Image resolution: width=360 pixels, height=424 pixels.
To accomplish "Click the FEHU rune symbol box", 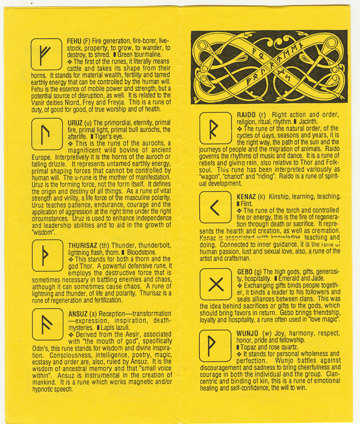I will click(47, 54).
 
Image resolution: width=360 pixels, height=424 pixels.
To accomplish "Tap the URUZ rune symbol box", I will click(47, 135).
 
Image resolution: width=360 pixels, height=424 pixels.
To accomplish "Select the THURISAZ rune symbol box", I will click(47, 257).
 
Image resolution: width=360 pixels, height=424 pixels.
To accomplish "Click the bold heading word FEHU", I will click(74, 41).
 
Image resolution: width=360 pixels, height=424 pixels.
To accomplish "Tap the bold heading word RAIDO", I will click(245, 115).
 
